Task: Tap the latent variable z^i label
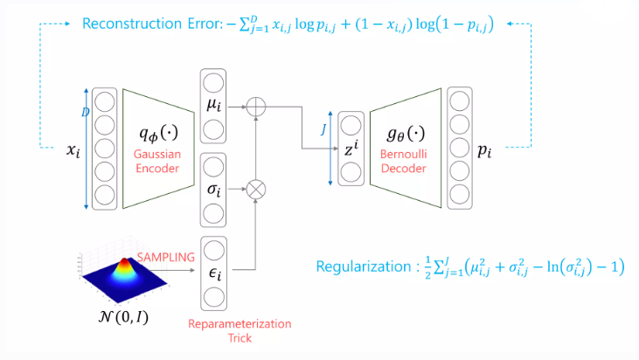tap(350, 148)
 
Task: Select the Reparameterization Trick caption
tap(240, 330)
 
